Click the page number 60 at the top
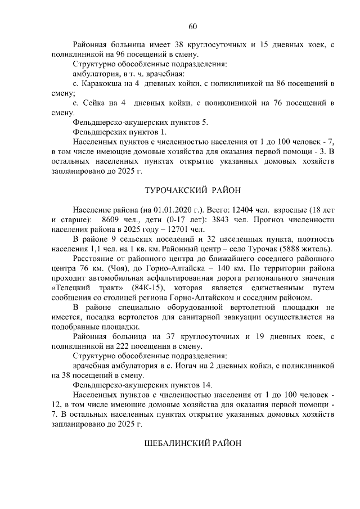[193, 26]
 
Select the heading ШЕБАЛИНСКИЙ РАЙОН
[193, 443]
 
